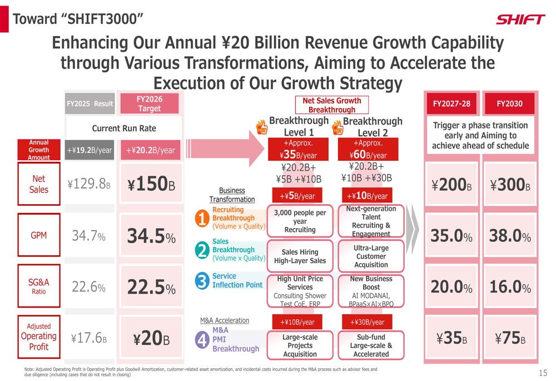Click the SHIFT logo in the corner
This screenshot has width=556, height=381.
(x=520, y=20)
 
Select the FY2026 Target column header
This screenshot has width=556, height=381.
(x=150, y=104)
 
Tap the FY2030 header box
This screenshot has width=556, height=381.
(x=509, y=104)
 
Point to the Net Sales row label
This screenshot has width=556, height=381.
(x=39, y=184)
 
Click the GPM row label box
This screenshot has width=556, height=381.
(x=39, y=235)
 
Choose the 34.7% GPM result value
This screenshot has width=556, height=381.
(x=88, y=236)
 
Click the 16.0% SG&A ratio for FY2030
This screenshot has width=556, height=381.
(x=510, y=287)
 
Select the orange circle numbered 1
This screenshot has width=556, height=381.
(x=202, y=219)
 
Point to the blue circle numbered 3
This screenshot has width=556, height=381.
(x=202, y=280)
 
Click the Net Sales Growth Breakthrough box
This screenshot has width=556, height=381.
(x=331, y=105)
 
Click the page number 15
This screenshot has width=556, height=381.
(x=543, y=373)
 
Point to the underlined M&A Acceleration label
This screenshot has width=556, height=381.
(x=225, y=320)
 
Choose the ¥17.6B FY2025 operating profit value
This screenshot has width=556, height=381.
(x=88, y=338)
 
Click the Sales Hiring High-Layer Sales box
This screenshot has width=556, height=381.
(x=300, y=256)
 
